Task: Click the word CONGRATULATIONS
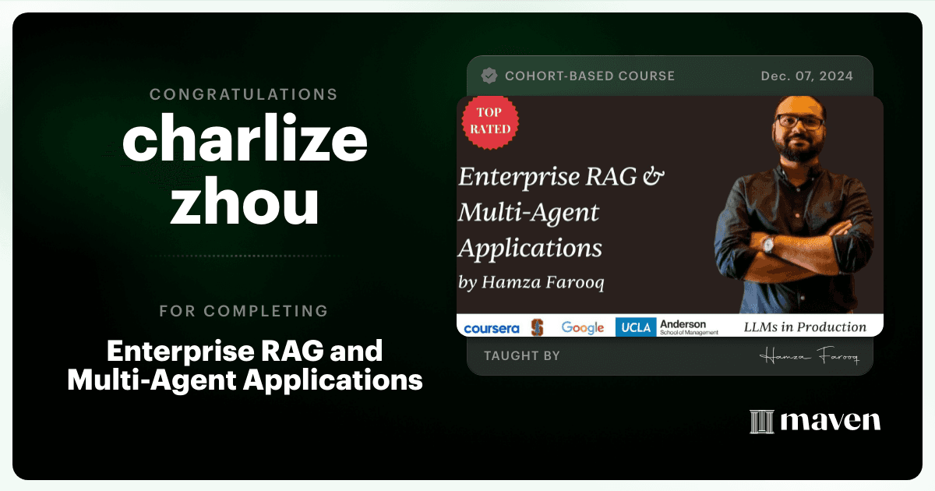point(244,94)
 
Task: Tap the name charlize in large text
point(245,137)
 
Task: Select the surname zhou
point(245,200)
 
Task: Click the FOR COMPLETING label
point(244,311)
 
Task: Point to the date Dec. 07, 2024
point(807,76)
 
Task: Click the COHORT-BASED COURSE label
point(590,76)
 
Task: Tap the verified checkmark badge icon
point(489,76)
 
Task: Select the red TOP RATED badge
point(490,122)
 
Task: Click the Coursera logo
point(492,329)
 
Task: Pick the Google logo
point(583,328)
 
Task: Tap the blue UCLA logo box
point(636,327)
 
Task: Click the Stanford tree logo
point(538,327)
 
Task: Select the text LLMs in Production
point(805,327)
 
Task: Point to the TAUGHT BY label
point(522,355)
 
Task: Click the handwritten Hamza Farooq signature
point(809,356)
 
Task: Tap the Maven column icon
point(762,422)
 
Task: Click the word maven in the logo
point(831,422)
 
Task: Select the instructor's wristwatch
point(768,244)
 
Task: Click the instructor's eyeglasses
point(799,122)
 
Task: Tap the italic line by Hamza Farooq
point(531,282)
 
